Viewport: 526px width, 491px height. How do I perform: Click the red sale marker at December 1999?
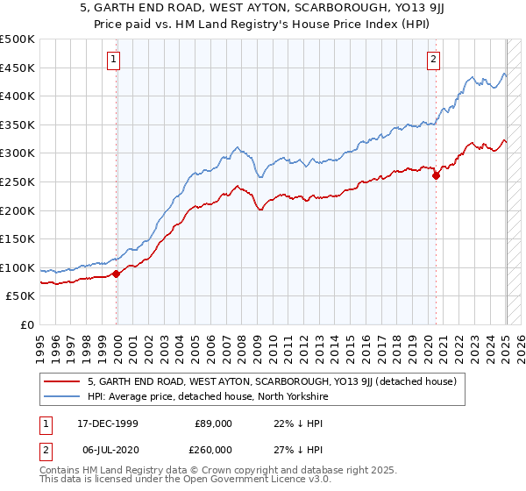point(117,274)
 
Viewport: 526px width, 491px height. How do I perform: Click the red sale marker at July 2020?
point(436,175)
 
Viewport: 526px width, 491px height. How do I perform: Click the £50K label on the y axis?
point(21,296)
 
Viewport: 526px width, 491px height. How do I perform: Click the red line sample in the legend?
point(63,381)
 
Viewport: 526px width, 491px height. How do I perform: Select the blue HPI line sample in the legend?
point(63,396)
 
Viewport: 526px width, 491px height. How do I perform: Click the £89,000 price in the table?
point(214,423)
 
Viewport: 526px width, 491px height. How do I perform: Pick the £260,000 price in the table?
point(214,449)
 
